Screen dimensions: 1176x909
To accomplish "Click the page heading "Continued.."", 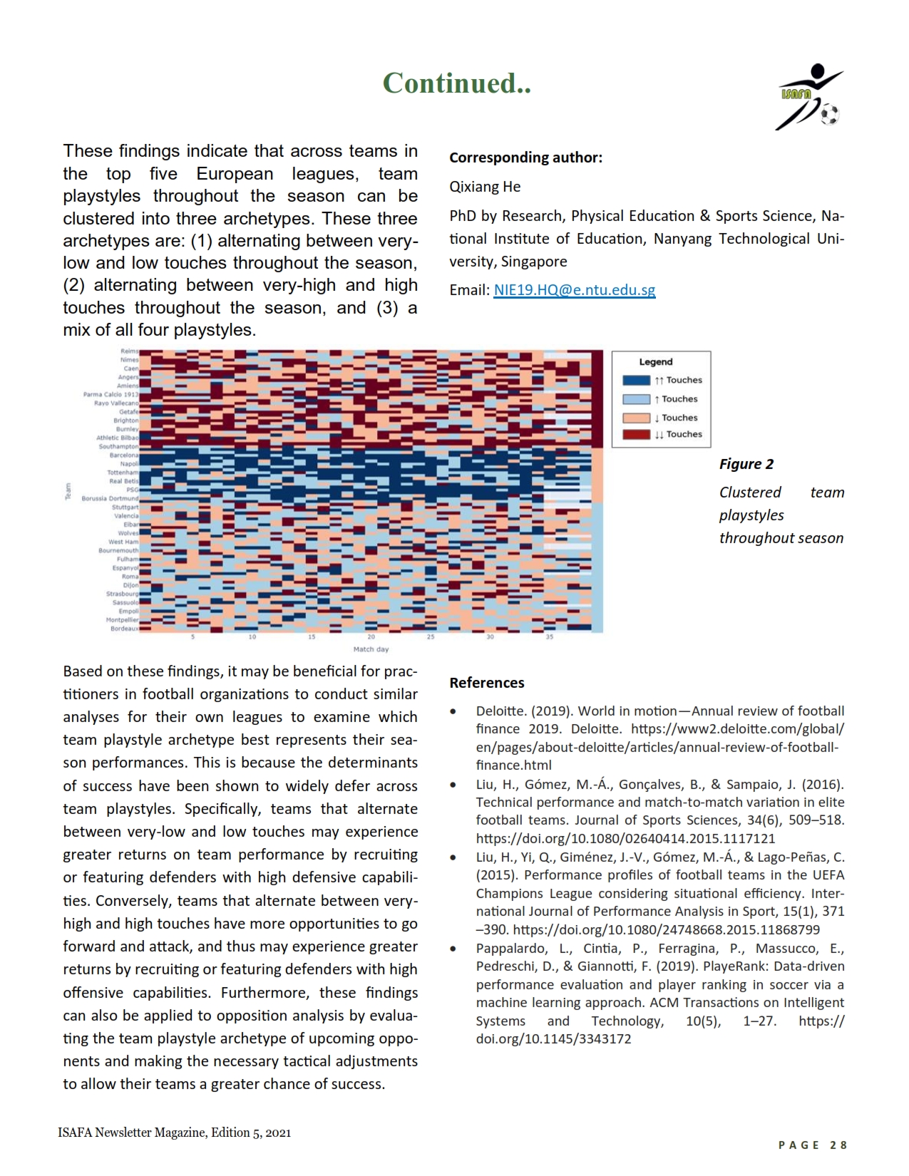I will tap(456, 83).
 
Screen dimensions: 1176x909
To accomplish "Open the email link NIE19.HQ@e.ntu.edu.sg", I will tap(574, 290).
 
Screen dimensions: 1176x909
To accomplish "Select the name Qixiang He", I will tap(485, 187).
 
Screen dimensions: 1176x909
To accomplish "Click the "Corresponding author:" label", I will tap(525, 158).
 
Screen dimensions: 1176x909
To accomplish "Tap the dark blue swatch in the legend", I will tap(636, 381).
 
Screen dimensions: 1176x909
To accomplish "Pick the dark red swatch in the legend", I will tap(636, 435).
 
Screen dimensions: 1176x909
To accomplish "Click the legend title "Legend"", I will tap(655, 362).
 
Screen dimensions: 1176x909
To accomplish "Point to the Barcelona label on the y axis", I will tap(124, 455).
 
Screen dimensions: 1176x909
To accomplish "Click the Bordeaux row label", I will tap(124, 629).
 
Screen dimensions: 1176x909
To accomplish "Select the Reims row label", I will tap(129, 351).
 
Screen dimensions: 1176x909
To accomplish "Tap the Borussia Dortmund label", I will tap(110, 498).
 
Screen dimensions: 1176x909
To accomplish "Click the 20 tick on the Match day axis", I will tap(371, 637).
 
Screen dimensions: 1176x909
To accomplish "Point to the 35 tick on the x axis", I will tap(549, 637).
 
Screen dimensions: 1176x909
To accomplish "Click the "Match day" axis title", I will tap(371, 649).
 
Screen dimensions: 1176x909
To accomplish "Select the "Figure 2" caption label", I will tap(746, 464).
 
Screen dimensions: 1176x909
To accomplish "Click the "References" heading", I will tap(486, 683).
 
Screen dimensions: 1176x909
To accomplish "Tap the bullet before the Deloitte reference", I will tap(453, 712).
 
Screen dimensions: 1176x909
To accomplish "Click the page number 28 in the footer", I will tap(838, 1145).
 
